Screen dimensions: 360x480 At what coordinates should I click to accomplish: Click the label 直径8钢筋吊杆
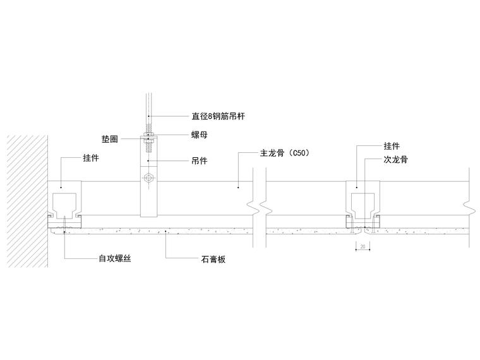tap(219, 116)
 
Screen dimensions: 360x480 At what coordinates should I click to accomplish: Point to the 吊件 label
tap(200, 161)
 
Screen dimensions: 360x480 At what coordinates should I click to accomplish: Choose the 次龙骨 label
tap(395, 160)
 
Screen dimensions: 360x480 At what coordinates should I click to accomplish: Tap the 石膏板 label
tap(213, 259)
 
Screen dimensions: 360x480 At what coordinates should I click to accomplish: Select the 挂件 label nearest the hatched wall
tap(91, 158)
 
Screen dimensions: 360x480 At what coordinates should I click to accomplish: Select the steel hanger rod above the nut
tap(148, 107)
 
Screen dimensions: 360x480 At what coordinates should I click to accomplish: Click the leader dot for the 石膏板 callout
tap(166, 232)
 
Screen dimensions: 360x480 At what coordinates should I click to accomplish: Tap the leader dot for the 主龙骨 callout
tap(237, 186)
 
